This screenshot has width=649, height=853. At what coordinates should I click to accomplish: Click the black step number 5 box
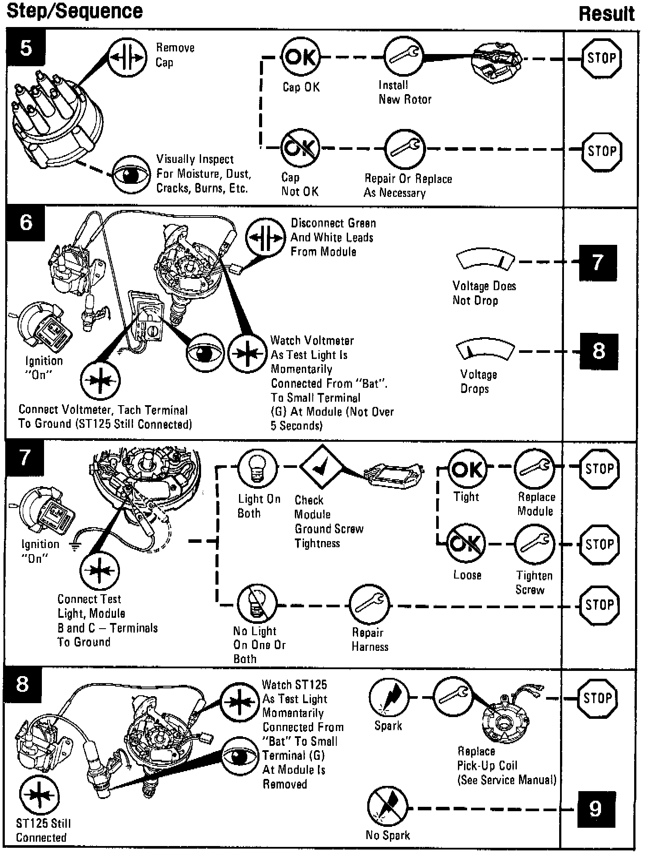tap(26, 47)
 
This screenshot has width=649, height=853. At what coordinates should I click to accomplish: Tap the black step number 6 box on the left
tap(26, 223)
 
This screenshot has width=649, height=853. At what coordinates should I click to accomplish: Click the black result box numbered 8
tap(598, 352)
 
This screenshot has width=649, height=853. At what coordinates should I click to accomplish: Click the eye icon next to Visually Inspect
tap(130, 175)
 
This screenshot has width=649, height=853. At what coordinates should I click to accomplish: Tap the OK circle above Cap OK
tap(301, 57)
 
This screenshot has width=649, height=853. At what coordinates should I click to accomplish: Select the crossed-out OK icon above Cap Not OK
tap(301, 148)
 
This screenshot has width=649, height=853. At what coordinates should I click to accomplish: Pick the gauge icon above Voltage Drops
tap(485, 350)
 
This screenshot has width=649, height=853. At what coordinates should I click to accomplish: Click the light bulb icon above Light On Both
tap(257, 468)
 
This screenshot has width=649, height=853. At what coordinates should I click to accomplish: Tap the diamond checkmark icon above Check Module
tap(321, 467)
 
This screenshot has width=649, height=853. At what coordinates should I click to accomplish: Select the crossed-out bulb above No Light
tap(257, 604)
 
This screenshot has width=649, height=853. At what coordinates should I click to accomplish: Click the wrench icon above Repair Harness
tap(369, 604)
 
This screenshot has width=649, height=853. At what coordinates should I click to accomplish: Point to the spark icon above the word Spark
tap(389, 697)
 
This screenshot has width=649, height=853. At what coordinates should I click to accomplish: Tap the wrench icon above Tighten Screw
tap(535, 544)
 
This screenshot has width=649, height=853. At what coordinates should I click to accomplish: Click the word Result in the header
tap(607, 14)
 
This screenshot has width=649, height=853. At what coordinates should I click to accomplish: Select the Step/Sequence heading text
tap(75, 11)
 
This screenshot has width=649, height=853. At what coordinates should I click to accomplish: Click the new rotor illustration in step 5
tap(498, 61)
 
